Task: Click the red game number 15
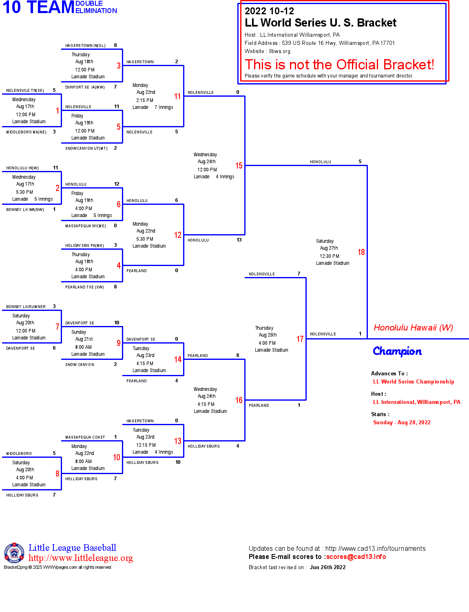coord(239,166)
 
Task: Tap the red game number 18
coord(361,252)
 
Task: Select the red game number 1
coord(58,111)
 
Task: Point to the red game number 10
coord(117,457)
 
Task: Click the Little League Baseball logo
coord(14,553)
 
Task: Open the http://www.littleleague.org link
coord(81,558)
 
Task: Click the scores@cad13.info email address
coord(356,557)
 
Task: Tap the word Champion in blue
coord(397,351)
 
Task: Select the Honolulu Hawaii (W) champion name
coord(413,328)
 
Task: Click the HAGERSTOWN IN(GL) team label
coord(85,46)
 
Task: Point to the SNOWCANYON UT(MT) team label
coord(86,149)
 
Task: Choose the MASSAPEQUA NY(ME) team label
coord(86,226)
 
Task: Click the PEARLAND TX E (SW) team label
coord(84,287)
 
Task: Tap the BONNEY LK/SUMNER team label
coord(26,307)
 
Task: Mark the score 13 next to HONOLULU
coord(239,240)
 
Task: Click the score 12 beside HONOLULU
coord(117,184)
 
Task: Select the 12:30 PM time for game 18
coord(330,256)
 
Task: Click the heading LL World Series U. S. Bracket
coord(320,23)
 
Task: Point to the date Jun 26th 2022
coord(327,568)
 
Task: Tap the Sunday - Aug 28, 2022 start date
coord(402,423)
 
